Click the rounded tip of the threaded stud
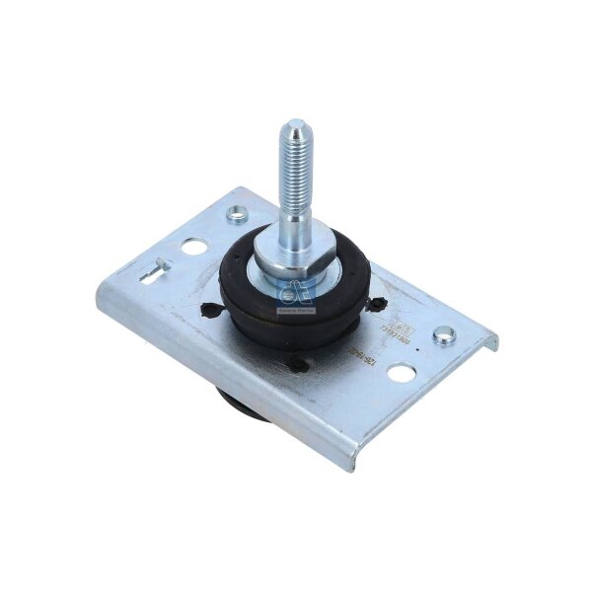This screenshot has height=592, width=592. (293, 126)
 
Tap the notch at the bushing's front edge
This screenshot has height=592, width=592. (298, 366)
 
